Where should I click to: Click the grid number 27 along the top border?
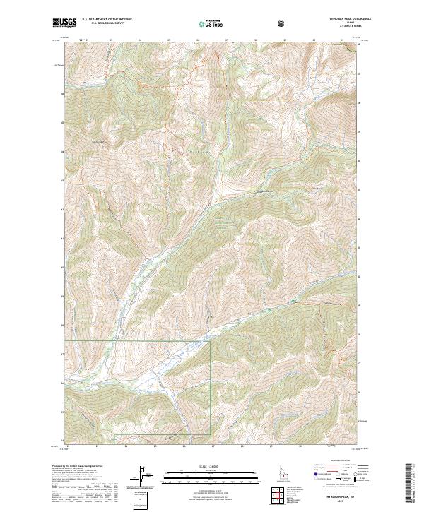pos(226,40)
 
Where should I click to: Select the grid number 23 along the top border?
pos(112,40)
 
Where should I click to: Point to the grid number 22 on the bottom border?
pos(69,446)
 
